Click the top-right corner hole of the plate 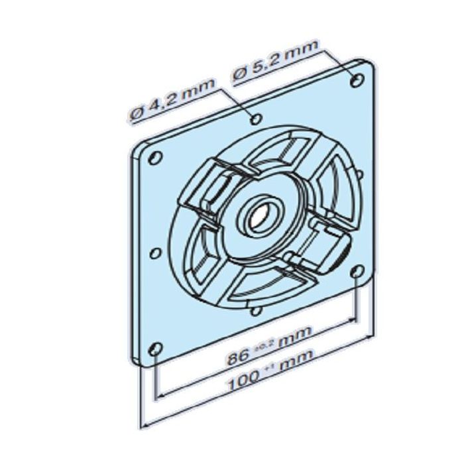(358, 80)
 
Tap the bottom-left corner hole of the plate (155, 349)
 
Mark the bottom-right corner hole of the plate (358, 272)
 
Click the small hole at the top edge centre (256, 119)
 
